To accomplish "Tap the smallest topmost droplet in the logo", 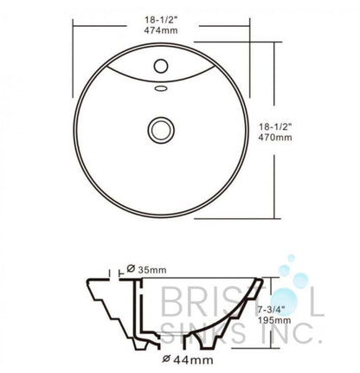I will (287, 258).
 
